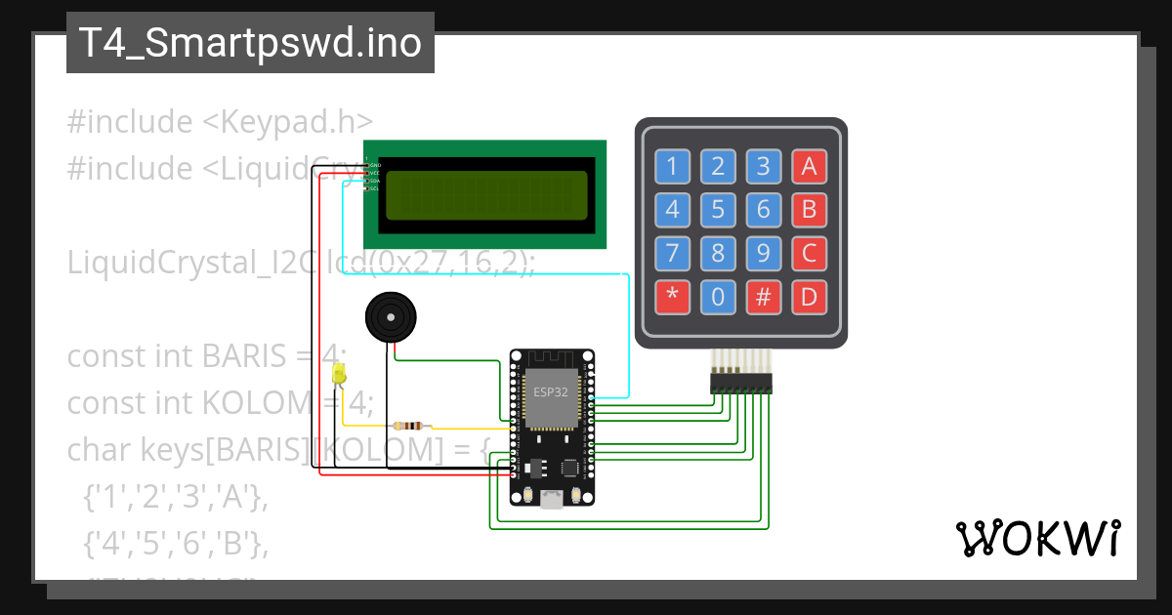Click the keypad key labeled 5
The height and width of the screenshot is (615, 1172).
coord(718,210)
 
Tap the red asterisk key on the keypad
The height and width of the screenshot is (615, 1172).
coord(672,297)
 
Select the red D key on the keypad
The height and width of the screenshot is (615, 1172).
coord(809,297)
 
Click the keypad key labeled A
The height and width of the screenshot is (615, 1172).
coord(809,167)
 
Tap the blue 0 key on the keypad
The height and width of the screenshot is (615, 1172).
coord(718,297)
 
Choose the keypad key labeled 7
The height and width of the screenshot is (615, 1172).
coord(672,254)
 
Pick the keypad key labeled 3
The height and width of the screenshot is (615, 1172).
coord(763,167)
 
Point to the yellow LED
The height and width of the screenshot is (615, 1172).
coord(339,374)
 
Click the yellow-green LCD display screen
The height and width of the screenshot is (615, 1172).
coord(486,195)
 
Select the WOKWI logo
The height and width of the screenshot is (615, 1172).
coord(1037,538)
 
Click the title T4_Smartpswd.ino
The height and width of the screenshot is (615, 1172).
coord(250,43)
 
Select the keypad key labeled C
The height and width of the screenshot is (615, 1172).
coord(809,254)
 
